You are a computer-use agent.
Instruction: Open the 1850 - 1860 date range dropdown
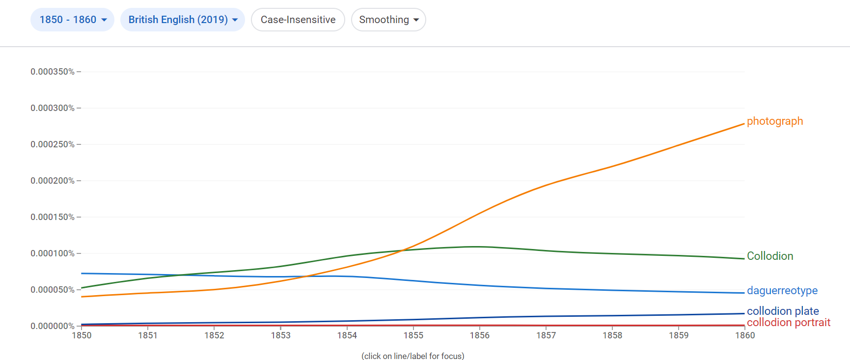tap(72, 20)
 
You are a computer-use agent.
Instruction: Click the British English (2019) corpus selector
tap(182, 20)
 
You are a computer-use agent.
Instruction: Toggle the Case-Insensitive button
tap(298, 20)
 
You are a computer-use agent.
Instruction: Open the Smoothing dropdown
tap(388, 20)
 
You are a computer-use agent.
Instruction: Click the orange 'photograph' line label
tap(774, 121)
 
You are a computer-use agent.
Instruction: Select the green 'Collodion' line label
tap(769, 256)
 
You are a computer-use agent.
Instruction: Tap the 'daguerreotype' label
tap(782, 291)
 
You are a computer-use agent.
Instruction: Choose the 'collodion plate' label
tap(782, 311)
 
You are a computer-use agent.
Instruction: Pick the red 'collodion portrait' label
tap(788, 323)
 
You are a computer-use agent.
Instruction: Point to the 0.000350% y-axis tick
tap(53, 72)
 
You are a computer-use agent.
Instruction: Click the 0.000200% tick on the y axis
tap(53, 181)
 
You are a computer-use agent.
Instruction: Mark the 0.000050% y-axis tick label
tap(53, 290)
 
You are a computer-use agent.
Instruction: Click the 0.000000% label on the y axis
tap(53, 326)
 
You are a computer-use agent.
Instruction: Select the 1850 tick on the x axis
tap(82, 335)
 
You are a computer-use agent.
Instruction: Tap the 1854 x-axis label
tap(347, 335)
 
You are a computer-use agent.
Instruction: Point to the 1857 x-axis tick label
tap(546, 335)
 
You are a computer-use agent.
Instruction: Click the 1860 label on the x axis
tap(744, 335)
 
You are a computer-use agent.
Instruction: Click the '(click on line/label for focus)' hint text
tap(412, 356)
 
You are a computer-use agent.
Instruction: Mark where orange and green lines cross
tap(402, 250)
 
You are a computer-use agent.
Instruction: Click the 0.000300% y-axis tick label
tap(53, 108)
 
